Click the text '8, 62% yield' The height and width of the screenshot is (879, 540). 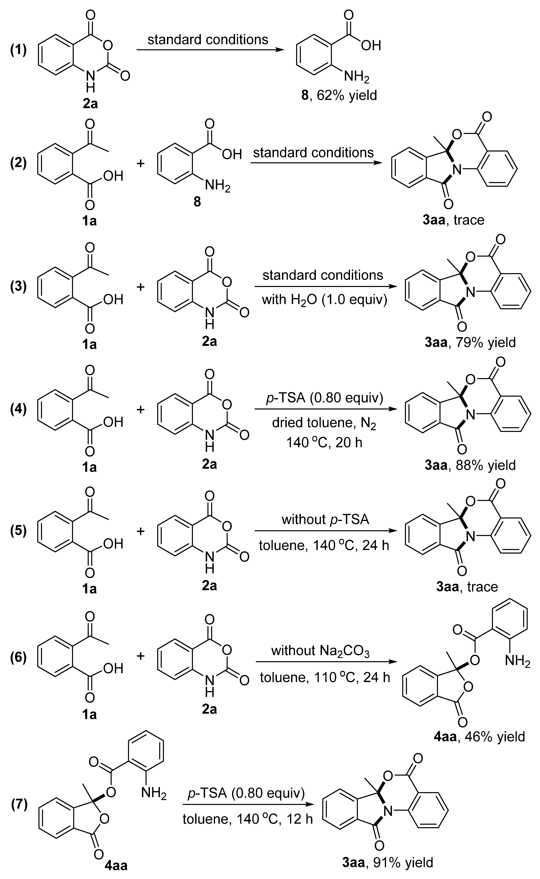(x=339, y=95)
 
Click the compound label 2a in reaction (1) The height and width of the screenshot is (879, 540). (x=90, y=104)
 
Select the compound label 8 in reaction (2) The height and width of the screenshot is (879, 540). (x=197, y=202)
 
